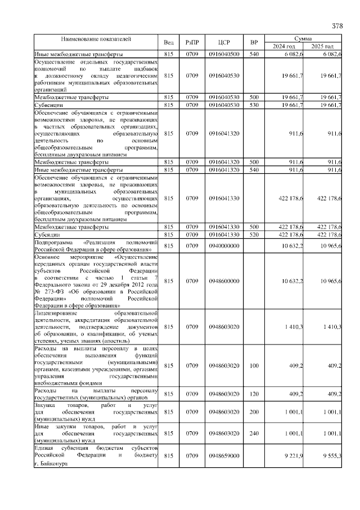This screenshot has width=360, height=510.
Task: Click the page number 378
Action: point(337,26)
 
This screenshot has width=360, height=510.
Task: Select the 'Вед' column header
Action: point(169,42)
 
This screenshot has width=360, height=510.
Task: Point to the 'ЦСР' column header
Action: point(224,42)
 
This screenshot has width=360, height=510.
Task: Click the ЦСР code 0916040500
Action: point(224,53)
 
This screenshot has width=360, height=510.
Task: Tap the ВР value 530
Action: point(254,105)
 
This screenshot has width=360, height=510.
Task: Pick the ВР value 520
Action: point(254,235)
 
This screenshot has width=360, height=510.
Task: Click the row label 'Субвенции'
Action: point(48,105)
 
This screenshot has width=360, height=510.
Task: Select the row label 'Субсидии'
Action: point(48,235)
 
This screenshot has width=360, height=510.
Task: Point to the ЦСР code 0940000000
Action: point(224,246)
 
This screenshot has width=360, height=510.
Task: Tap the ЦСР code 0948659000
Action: point(224,455)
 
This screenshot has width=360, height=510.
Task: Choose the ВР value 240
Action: point(254,434)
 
